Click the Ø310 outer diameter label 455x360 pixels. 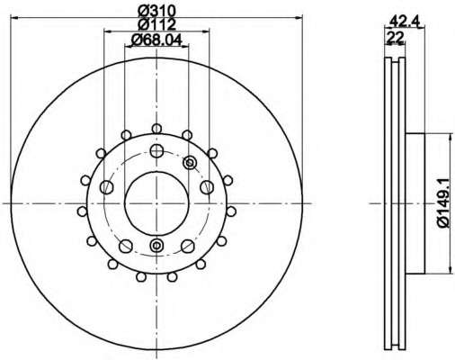pyautogui.click(x=156, y=12)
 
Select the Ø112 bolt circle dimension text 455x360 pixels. pyautogui.click(x=156, y=24)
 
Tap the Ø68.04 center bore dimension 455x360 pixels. pyautogui.click(x=156, y=40)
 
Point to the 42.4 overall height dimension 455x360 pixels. pyautogui.click(x=406, y=22)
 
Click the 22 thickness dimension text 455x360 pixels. pyautogui.click(x=395, y=37)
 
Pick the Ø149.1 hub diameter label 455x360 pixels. pyautogui.click(x=443, y=203)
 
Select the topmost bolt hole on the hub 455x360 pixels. pyautogui.click(x=156, y=150)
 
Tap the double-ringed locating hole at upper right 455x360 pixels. pyautogui.click(x=190, y=163)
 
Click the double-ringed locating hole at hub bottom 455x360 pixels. pyautogui.click(x=156, y=246)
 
